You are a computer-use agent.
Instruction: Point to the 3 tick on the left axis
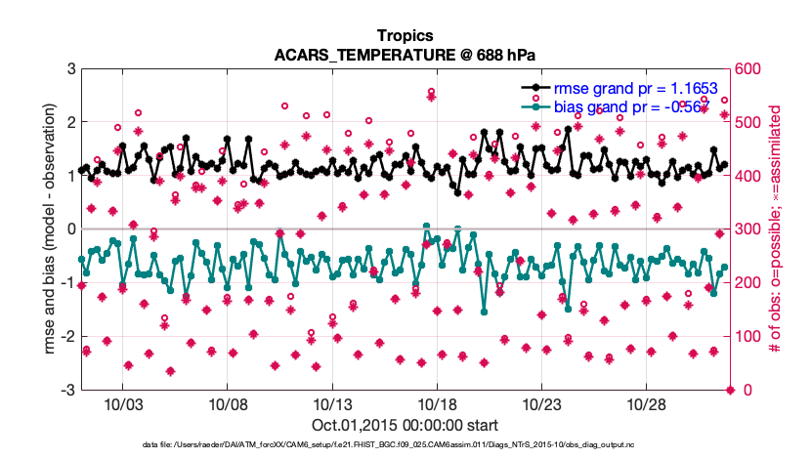[71, 69]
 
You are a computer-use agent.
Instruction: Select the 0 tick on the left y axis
[71, 229]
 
